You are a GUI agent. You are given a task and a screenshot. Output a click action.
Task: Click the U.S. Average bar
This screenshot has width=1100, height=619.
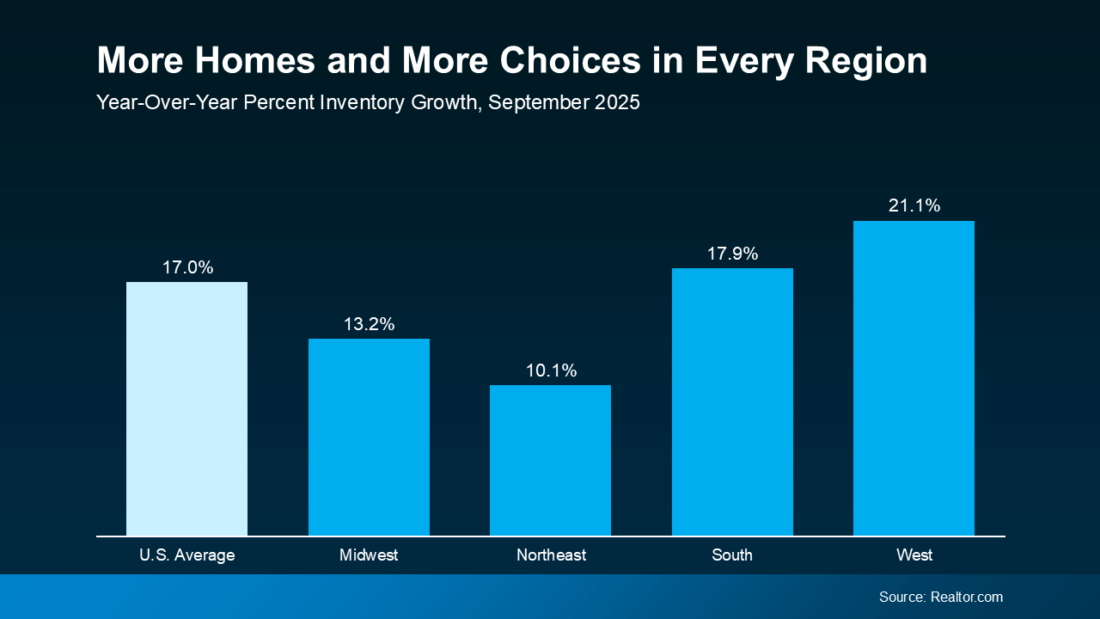coord(186,408)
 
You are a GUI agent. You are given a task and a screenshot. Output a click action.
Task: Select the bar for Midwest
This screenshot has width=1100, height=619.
coord(369,437)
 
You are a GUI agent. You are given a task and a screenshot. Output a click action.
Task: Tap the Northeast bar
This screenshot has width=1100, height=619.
coord(550,460)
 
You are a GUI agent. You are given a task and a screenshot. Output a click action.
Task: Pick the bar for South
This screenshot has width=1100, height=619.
coord(732,401)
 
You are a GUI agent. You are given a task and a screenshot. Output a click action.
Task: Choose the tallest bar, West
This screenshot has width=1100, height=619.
coord(914,378)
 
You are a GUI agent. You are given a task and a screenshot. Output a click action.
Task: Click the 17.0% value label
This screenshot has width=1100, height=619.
coord(187,267)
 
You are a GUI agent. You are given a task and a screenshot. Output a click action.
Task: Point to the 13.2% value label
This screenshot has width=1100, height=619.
coord(369,324)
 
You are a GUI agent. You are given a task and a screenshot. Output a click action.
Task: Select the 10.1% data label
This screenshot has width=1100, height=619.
coord(551,371)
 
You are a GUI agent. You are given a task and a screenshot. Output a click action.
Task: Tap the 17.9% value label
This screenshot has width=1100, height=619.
coord(732,254)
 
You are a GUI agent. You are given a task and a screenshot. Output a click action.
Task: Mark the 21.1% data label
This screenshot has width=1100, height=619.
coord(914,205)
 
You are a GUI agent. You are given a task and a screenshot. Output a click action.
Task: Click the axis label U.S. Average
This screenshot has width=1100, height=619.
coord(186,555)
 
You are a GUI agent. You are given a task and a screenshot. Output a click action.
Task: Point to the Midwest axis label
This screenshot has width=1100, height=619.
coord(369,555)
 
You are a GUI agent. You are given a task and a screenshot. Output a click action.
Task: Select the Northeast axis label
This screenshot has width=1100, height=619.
coord(551,555)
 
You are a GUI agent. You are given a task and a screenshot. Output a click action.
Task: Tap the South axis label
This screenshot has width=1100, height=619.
coord(732,555)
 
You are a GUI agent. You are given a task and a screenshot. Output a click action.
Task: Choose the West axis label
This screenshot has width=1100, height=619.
coord(914,555)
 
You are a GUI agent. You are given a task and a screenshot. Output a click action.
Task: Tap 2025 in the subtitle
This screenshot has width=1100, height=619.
coord(615,102)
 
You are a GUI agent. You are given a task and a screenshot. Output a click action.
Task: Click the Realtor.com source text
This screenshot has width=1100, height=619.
coord(966,597)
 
